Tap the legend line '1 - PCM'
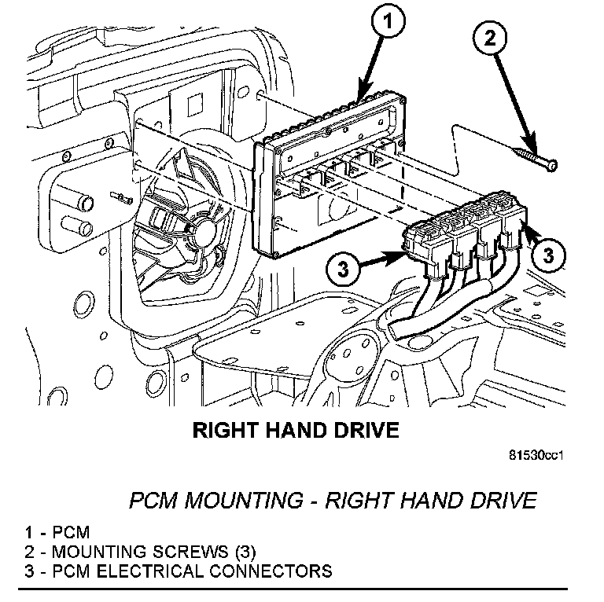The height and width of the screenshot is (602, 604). click(x=46, y=532)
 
